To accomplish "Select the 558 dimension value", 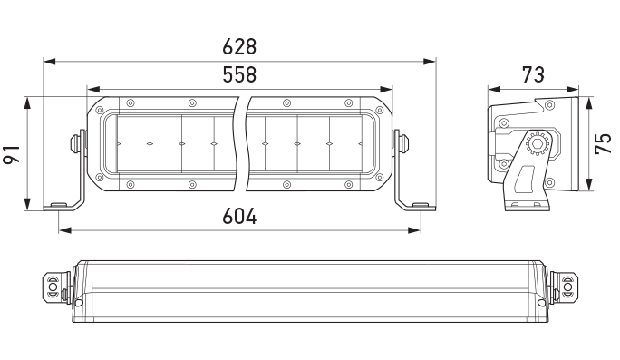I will (240, 75).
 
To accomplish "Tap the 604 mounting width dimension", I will (240, 217).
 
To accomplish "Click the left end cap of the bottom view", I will (53, 287).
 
